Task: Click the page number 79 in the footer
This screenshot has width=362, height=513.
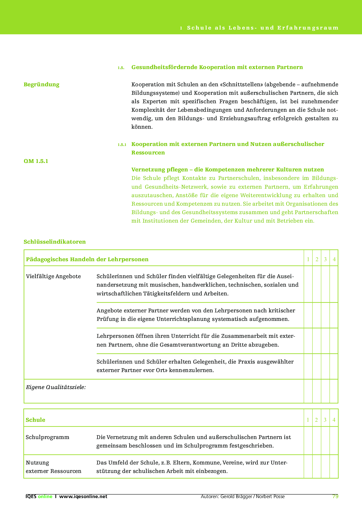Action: point(335,496)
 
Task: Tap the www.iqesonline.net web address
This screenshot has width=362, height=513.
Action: point(83,496)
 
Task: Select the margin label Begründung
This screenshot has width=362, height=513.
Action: point(41,85)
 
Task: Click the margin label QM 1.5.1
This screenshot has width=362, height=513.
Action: point(36,161)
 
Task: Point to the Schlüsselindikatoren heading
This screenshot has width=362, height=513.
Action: point(55,242)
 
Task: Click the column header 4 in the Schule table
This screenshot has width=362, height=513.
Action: point(334,420)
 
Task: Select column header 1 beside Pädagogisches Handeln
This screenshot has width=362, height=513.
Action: point(308,259)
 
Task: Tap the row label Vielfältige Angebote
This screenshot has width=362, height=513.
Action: point(53,276)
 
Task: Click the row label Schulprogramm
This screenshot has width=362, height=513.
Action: point(48,437)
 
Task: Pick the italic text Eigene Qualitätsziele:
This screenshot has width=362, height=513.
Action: point(56,387)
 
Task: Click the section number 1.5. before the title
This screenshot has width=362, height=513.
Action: point(121,68)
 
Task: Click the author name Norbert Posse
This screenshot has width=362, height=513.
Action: point(270,496)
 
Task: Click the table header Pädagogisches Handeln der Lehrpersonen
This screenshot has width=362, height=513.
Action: point(87,259)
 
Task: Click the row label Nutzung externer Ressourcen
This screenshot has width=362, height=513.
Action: point(53,467)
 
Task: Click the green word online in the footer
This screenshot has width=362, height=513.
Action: point(45,496)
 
